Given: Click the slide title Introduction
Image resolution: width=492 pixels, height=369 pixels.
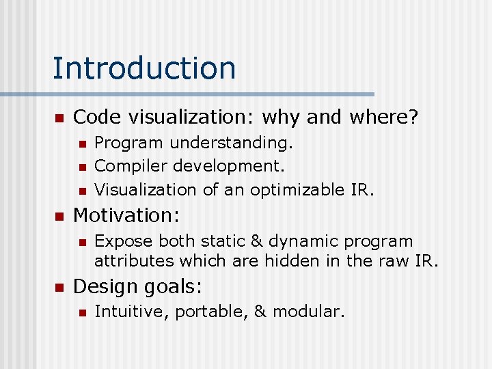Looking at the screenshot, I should pos(144,68).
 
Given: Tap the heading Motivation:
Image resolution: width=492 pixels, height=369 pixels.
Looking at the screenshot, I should pos(126,215).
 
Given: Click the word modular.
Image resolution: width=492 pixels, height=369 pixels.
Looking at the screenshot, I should pos(307,312).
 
